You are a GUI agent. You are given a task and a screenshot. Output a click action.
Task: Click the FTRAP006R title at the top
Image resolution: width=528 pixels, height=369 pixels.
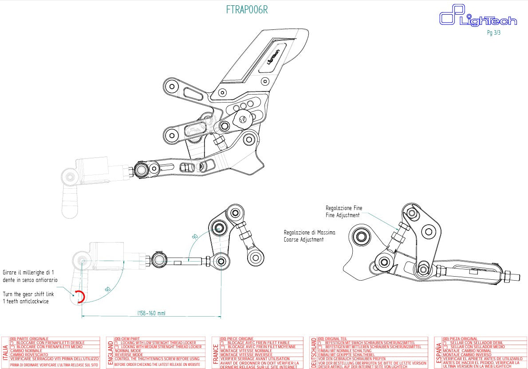click(x=247, y=10)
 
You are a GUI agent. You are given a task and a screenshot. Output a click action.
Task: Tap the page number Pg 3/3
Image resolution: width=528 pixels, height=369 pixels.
click(x=493, y=32)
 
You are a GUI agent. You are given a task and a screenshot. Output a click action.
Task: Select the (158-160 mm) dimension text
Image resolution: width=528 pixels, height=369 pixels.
click(x=151, y=313)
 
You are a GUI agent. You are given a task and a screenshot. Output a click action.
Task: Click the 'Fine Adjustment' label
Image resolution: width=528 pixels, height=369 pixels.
click(x=343, y=215)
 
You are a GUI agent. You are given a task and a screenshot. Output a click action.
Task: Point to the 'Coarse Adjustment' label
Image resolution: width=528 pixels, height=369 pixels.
click(x=303, y=240)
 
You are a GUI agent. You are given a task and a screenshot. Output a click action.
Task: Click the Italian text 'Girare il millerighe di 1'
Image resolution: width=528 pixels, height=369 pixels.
click(x=29, y=272)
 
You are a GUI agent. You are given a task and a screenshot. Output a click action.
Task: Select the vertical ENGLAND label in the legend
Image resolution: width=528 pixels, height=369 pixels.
click(x=110, y=352)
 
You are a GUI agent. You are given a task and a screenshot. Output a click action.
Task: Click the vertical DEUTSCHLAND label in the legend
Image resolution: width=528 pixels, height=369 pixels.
click(x=314, y=352)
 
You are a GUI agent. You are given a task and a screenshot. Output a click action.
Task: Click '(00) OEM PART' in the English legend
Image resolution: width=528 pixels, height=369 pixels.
click(x=128, y=339)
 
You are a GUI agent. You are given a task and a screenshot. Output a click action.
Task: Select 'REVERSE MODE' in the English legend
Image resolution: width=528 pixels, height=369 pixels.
click(x=129, y=355)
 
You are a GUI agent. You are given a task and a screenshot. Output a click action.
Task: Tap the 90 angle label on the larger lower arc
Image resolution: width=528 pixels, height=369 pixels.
click(x=106, y=290)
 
